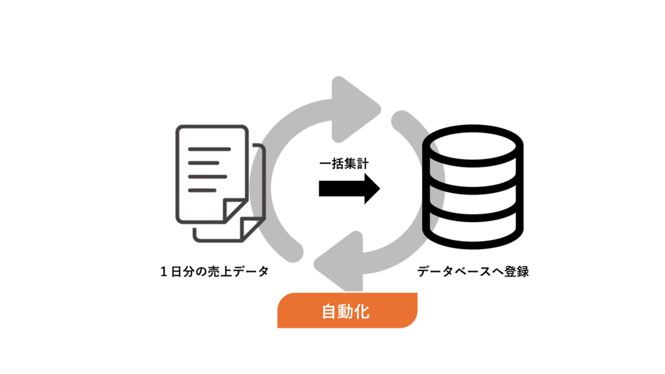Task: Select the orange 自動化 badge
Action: (x=348, y=311)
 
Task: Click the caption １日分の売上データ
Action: (x=214, y=272)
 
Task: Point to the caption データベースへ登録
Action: (x=472, y=272)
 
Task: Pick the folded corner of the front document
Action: (x=236, y=210)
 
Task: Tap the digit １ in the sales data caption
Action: (x=164, y=272)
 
